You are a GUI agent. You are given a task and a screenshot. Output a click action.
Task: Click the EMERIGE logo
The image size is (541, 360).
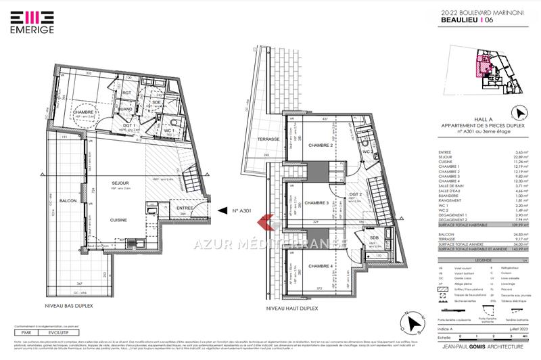[28, 21]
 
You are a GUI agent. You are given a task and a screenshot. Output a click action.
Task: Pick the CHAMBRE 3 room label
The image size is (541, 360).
[318, 203]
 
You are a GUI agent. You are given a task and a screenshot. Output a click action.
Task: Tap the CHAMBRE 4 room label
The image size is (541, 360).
[318, 266]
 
